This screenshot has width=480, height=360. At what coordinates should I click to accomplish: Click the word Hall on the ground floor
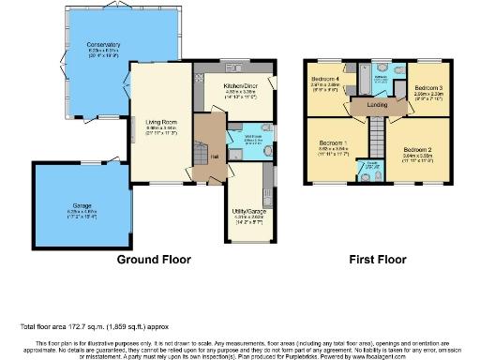tap(214, 157)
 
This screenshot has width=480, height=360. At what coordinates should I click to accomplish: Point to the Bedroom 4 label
tap(325, 78)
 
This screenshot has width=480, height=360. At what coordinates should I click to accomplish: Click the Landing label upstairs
tap(378, 104)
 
